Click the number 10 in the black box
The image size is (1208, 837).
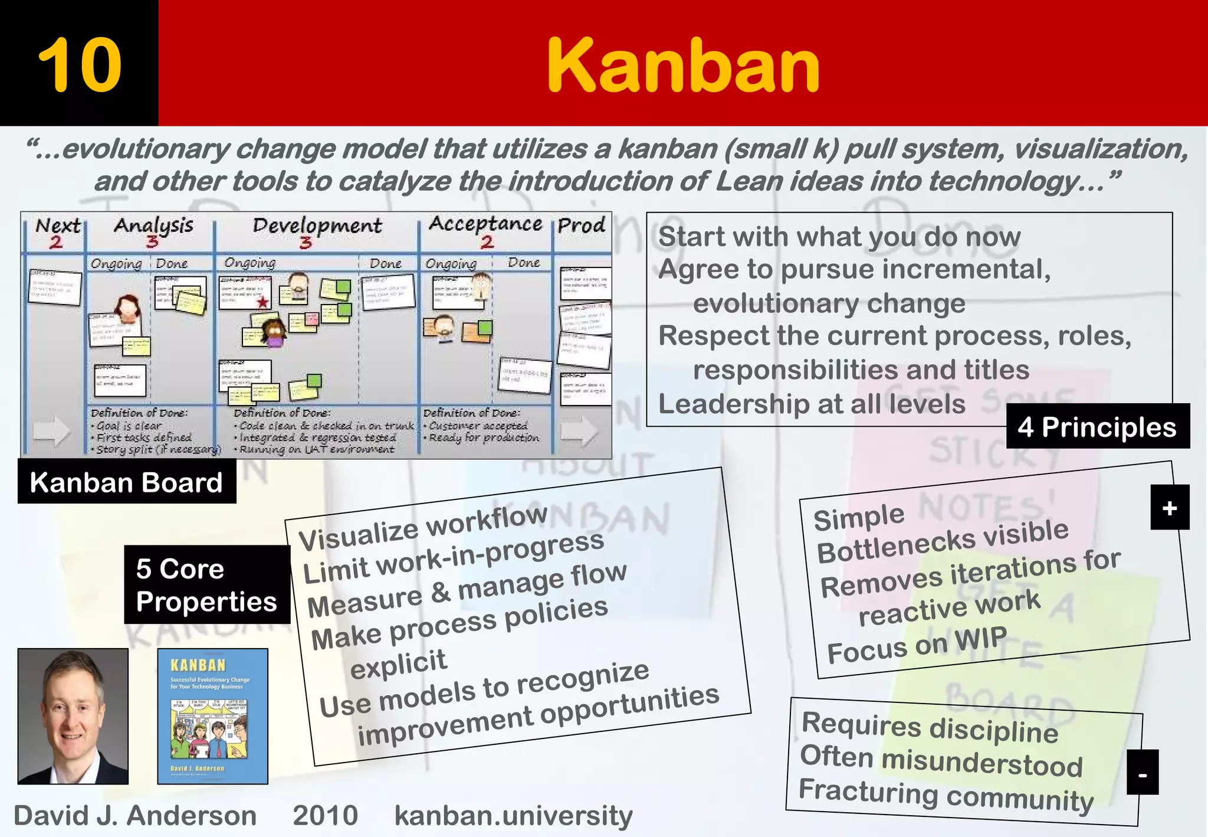click(80, 65)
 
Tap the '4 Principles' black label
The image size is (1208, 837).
click(1097, 427)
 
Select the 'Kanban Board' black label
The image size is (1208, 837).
click(126, 482)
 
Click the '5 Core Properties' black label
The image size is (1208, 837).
click(206, 585)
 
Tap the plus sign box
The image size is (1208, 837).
click(1170, 508)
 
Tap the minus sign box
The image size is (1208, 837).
click(1143, 773)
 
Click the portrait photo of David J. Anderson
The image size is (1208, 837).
click(73, 716)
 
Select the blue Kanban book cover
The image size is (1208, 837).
click(212, 716)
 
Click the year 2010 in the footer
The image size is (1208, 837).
click(325, 816)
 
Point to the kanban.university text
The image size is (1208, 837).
click(513, 816)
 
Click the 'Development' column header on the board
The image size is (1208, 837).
click(317, 225)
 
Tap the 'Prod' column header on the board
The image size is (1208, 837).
click(582, 225)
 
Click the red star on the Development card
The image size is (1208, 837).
click(262, 303)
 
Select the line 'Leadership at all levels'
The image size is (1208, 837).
click(812, 404)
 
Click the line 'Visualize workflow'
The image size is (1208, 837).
click(423, 528)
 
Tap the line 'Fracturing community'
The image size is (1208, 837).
click(946, 795)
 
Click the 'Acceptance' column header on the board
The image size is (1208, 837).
click(485, 224)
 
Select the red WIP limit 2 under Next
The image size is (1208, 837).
click(56, 242)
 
